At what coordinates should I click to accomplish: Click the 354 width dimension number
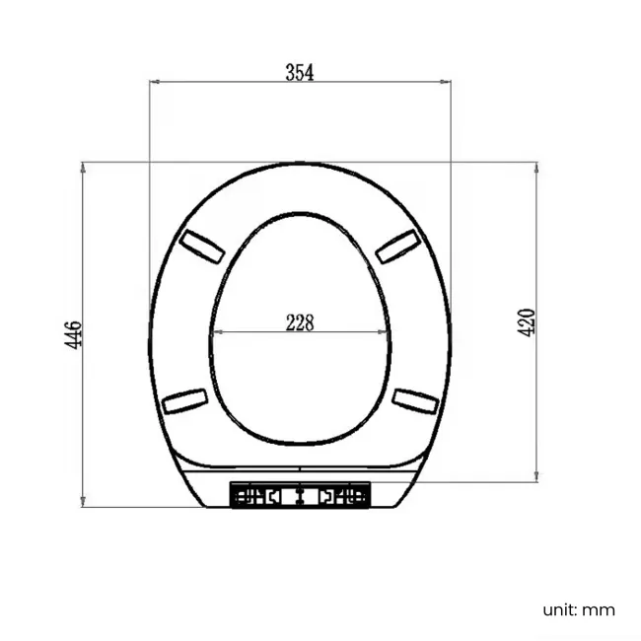click(299, 72)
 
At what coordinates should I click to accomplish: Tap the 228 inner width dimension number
click(299, 321)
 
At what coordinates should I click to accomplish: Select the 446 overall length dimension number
click(74, 334)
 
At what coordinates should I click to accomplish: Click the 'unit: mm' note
click(578, 609)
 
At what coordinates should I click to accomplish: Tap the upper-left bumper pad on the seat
click(201, 245)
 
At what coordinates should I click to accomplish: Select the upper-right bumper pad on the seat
click(396, 245)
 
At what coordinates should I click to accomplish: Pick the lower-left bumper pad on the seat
click(185, 399)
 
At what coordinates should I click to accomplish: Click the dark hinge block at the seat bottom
click(300, 494)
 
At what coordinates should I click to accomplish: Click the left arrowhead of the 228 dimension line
click(216, 332)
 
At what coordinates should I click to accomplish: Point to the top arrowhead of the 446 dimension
click(83, 166)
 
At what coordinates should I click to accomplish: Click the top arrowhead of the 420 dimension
click(535, 166)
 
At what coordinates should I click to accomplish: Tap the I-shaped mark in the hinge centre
click(300, 495)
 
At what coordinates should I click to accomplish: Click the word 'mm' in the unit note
click(599, 609)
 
